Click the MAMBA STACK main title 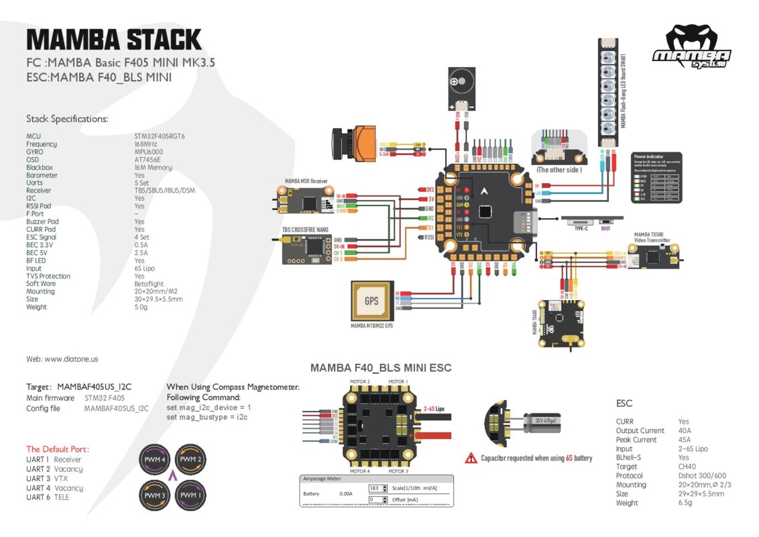pyautogui.click(x=114, y=40)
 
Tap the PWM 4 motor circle pyautogui.click(x=154, y=460)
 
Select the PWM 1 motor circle pyautogui.click(x=190, y=495)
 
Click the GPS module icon pyautogui.click(x=371, y=301)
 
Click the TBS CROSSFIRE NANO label pyautogui.click(x=305, y=229)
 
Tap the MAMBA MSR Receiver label pyautogui.click(x=306, y=181)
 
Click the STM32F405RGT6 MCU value pyautogui.click(x=160, y=136)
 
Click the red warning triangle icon pyautogui.click(x=471, y=458)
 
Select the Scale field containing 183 pyautogui.click(x=378, y=487)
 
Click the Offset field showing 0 pyautogui.click(x=378, y=499)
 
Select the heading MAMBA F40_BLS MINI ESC pyautogui.click(x=380, y=368)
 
